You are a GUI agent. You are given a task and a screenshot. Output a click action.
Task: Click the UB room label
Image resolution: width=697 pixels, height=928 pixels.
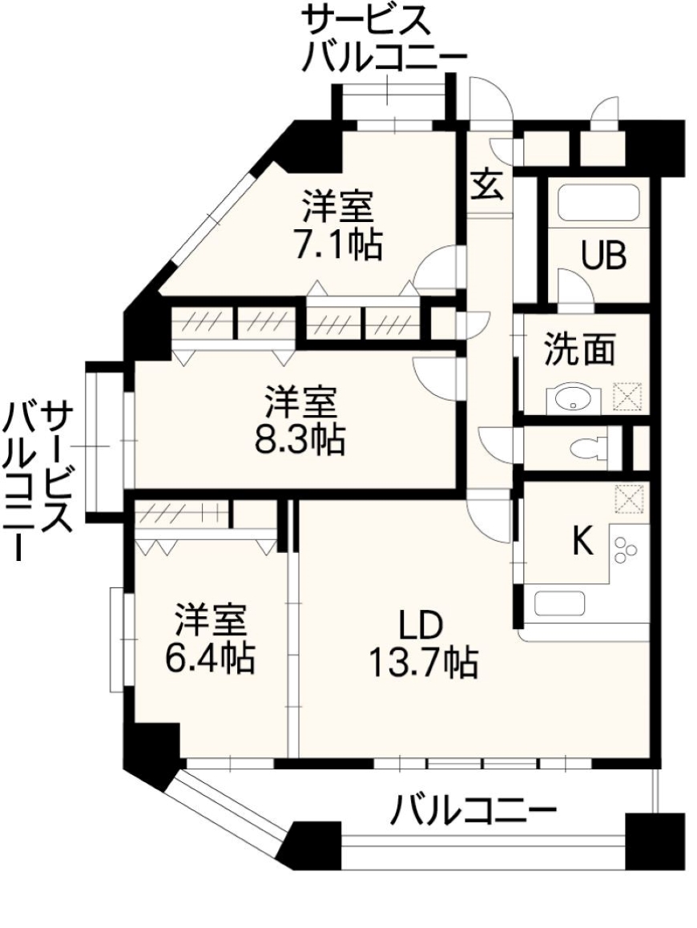click(604, 256)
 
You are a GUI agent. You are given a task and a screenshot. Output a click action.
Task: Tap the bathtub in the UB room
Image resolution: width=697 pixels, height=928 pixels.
click(598, 204)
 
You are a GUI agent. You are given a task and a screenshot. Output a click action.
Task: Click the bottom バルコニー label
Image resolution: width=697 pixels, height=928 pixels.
click(473, 813)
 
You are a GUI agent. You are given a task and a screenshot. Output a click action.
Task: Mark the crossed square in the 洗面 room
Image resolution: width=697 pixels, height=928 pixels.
click(627, 397)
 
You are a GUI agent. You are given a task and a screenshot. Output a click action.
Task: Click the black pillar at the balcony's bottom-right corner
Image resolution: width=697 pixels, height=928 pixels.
click(655, 841)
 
